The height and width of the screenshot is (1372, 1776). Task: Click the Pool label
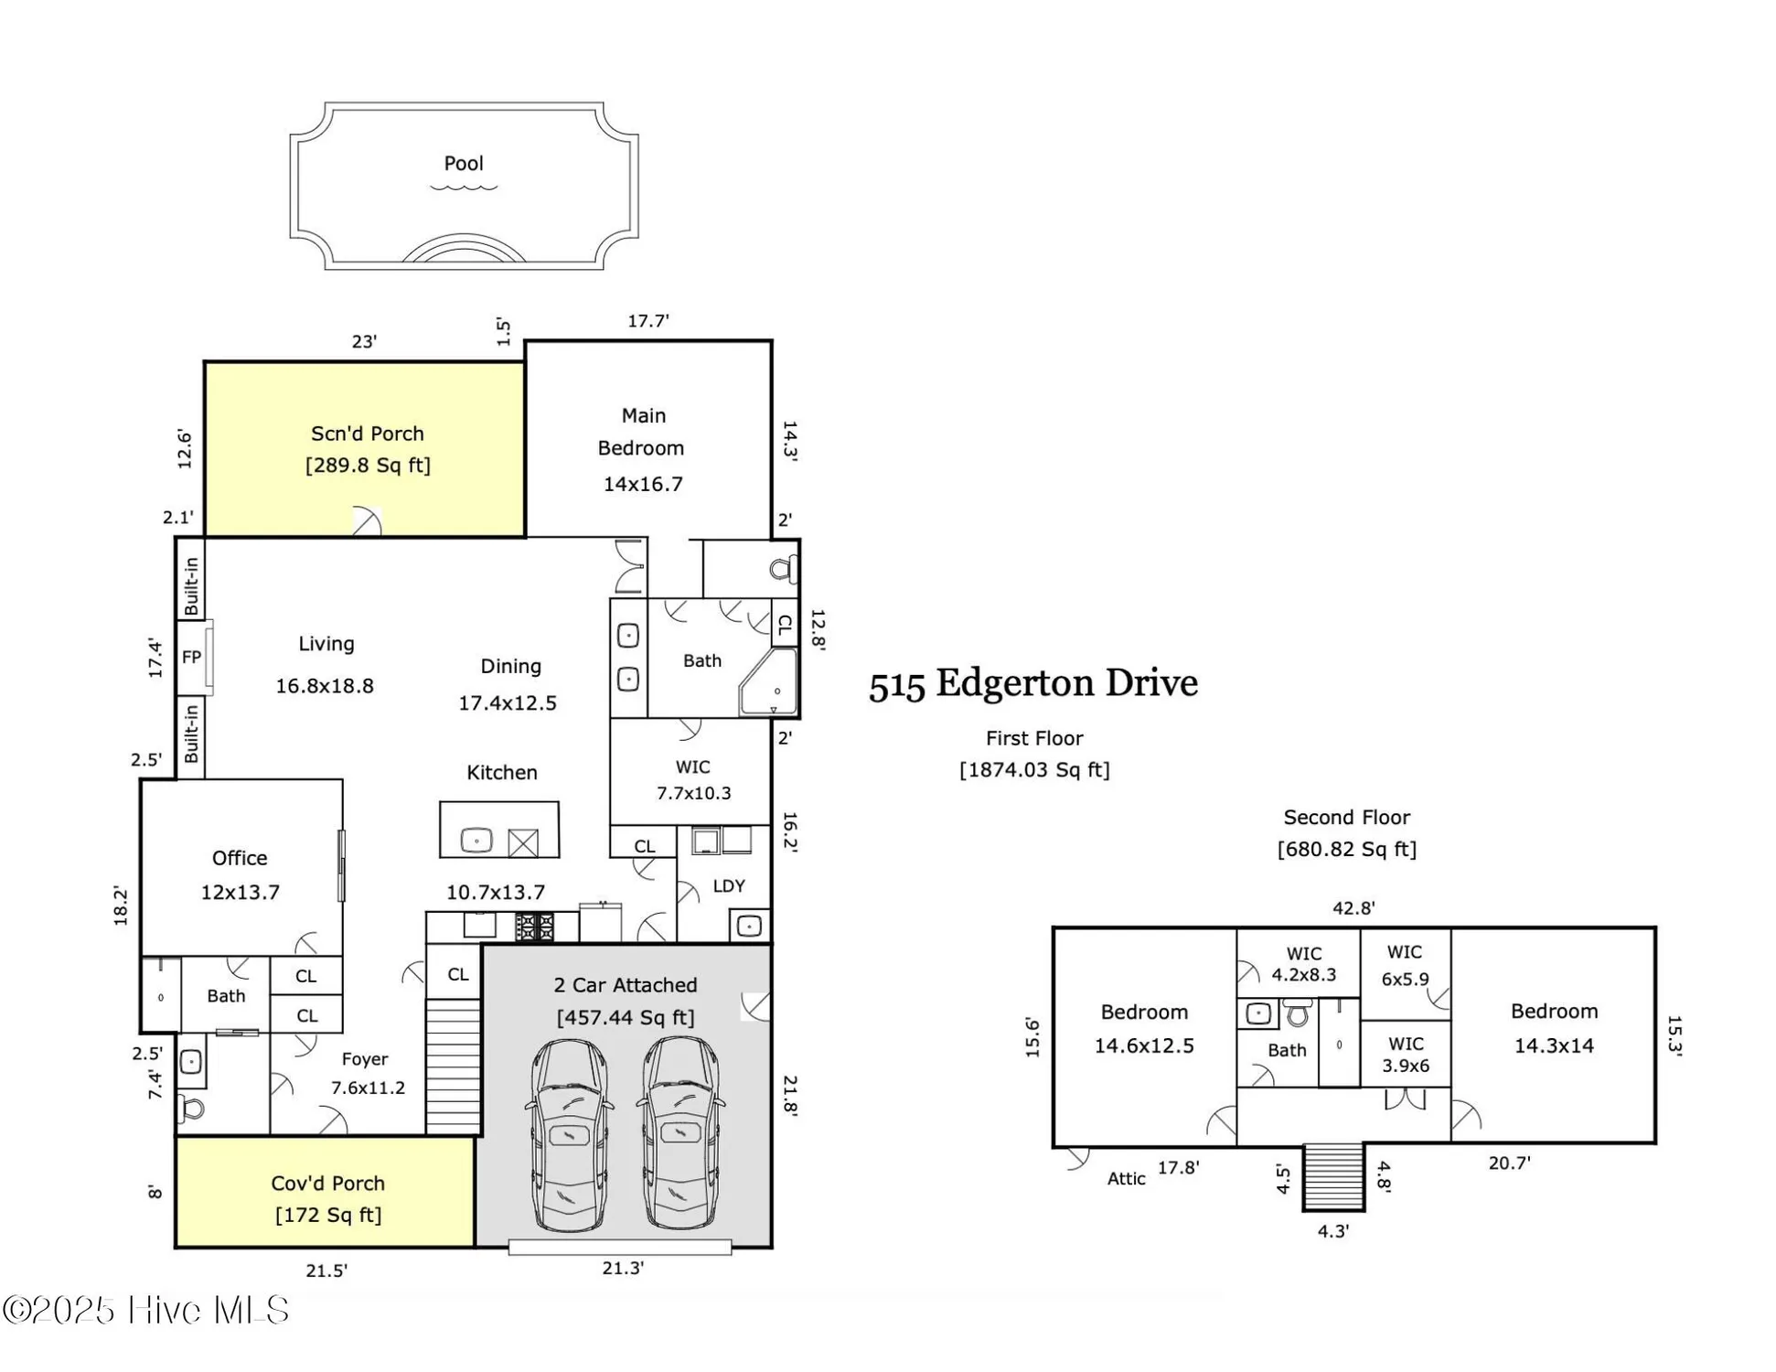pyautogui.click(x=463, y=164)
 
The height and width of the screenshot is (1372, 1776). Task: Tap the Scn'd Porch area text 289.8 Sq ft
pyautogui.click(x=368, y=466)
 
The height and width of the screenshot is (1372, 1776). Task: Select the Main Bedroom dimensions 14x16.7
pyautogui.click(x=642, y=485)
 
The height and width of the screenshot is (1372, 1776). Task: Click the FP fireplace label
pyautogui.click(x=191, y=657)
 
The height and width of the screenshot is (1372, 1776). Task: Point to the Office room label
pyautogui.click(x=240, y=858)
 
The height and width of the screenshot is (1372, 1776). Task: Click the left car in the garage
pyautogui.click(x=569, y=1134)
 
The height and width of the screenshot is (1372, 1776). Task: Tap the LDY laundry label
pyautogui.click(x=728, y=886)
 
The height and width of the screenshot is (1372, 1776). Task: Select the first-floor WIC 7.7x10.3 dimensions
pyautogui.click(x=693, y=793)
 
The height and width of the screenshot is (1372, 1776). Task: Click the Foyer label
pyautogui.click(x=365, y=1059)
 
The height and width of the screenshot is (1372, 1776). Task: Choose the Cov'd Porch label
pyautogui.click(x=327, y=1184)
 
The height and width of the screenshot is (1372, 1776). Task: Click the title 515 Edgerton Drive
pyautogui.click(x=1032, y=684)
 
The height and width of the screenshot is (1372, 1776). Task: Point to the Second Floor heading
pyautogui.click(x=1346, y=818)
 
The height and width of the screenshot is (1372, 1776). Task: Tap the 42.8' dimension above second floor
pyautogui.click(x=1353, y=908)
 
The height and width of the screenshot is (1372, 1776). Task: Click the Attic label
pyautogui.click(x=1126, y=1179)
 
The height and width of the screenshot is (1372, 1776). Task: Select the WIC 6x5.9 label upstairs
pyautogui.click(x=1405, y=966)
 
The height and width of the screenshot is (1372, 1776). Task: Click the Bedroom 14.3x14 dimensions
pyautogui.click(x=1553, y=1045)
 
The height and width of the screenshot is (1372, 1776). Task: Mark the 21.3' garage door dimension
pyautogui.click(x=623, y=1268)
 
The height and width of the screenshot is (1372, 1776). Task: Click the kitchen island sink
pyautogui.click(x=476, y=840)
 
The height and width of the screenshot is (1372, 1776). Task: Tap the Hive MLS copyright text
pyautogui.click(x=146, y=1311)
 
